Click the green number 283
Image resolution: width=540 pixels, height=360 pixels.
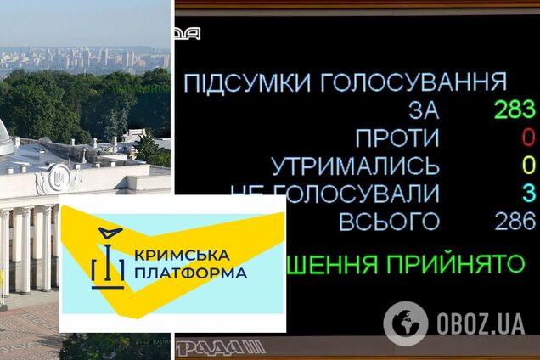point(515,110)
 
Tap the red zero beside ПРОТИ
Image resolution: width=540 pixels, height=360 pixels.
point(528,138)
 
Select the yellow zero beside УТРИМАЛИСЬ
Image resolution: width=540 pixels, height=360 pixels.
point(528,165)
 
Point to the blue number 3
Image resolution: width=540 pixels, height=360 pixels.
point(528,193)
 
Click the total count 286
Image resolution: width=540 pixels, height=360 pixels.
point(515,222)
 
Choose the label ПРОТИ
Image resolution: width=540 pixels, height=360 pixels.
point(397,138)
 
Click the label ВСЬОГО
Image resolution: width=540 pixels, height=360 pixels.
point(389,222)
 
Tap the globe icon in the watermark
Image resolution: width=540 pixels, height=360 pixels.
point(406,323)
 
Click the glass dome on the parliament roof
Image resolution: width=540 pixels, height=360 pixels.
point(5,136)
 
